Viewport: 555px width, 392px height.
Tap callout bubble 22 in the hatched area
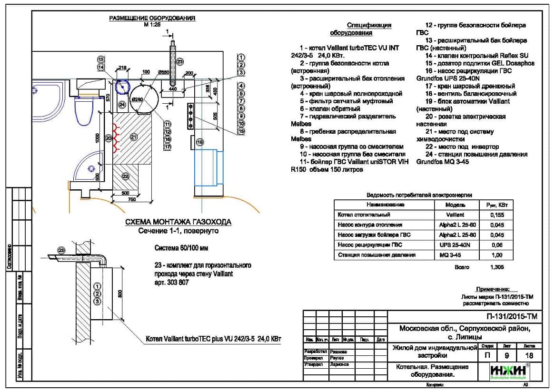[x=125, y=176]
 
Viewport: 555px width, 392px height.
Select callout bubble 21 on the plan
[x=134, y=137]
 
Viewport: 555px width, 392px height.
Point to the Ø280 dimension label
[x=138, y=99]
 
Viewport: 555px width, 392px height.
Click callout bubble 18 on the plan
[x=200, y=142]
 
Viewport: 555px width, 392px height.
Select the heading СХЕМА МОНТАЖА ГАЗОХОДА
[x=178, y=222]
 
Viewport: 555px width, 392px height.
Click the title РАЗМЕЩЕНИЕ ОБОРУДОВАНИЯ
[x=152, y=18]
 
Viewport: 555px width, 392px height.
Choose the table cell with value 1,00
[x=496, y=255]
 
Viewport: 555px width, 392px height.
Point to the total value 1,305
[x=497, y=267]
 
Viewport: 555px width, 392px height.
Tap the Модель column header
[x=455, y=205]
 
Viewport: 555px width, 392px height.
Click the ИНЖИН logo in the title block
[x=508, y=371]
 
